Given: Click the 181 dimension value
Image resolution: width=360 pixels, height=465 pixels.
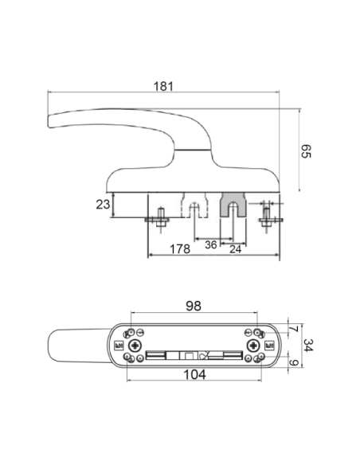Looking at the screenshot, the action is point(163,86).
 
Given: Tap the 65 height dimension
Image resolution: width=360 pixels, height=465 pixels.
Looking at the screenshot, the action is point(306,151).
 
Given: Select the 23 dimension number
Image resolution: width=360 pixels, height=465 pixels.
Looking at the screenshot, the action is point(103,205).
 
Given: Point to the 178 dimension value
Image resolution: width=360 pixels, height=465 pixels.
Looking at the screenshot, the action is point(180,248).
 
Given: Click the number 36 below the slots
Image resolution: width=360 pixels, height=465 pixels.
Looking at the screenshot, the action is point(211,245).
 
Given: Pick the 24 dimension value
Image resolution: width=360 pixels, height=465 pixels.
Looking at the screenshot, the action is point(236,249).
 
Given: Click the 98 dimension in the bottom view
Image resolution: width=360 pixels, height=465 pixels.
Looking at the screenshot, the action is point(194,306).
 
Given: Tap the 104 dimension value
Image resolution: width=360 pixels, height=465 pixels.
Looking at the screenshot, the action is point(195,374).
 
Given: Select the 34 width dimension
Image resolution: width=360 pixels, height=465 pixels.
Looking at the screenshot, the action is point(308,346).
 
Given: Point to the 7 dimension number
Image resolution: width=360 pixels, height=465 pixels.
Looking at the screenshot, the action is point(293,329).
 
